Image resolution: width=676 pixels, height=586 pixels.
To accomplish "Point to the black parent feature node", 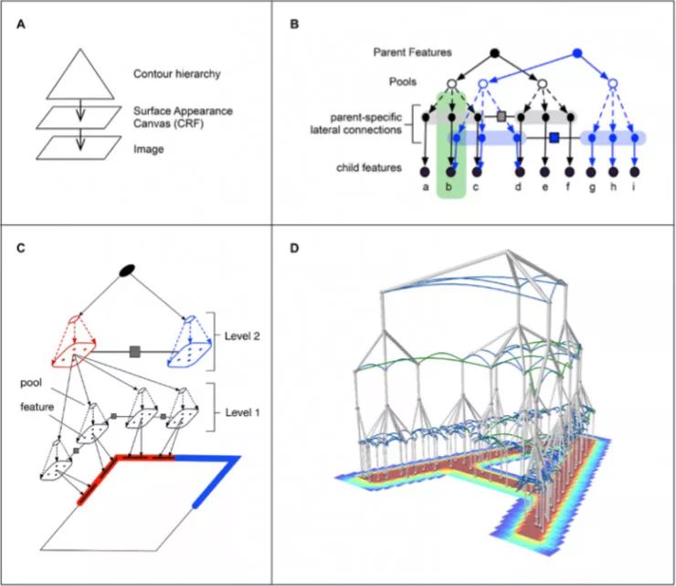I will click(x=495, y=53).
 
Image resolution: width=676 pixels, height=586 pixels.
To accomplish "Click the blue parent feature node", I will click(x=576, y=53).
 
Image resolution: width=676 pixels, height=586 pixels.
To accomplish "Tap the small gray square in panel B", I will click(x=501, y=116).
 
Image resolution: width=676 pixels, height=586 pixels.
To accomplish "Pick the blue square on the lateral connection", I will click(x=554, y=138).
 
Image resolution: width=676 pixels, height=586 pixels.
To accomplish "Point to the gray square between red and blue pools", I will click(x=135, y=350).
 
